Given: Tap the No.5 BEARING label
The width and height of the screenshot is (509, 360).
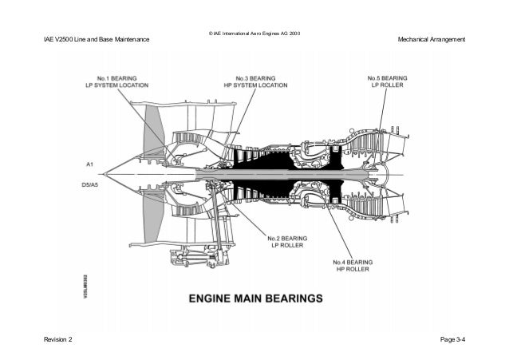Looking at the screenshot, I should click(388, 78).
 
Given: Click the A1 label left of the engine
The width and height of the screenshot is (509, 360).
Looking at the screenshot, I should click(90, 164).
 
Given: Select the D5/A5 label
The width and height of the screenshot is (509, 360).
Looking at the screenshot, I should click(89, 184).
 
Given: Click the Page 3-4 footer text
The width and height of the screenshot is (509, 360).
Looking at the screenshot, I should click(452, 340).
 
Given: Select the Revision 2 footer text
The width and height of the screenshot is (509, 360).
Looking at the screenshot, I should click(57, 340).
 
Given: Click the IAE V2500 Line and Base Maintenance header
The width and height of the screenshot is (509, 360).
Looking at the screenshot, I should click(96, 41).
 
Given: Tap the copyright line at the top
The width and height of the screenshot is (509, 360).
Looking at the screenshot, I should click(254, 34).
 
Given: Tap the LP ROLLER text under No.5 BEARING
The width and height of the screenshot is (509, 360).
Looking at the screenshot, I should click(388, 86).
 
